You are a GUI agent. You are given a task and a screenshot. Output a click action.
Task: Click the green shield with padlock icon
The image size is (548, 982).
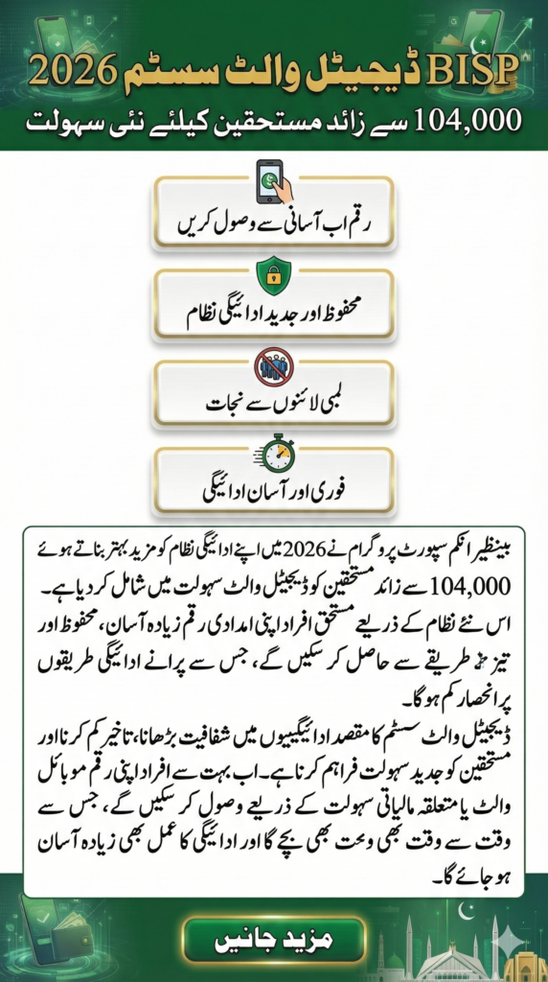click(x=274, y=275)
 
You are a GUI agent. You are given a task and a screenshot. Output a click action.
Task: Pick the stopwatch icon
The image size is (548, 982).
click(x=274, y=453)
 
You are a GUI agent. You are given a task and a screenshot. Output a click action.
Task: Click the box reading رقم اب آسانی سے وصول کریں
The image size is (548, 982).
click(x=274, y=226)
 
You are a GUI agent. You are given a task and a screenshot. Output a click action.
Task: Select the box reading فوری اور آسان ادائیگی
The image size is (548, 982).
click(x=274, y=492)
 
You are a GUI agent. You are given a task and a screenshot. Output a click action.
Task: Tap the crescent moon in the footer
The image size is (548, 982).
click(x=517, y=908)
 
